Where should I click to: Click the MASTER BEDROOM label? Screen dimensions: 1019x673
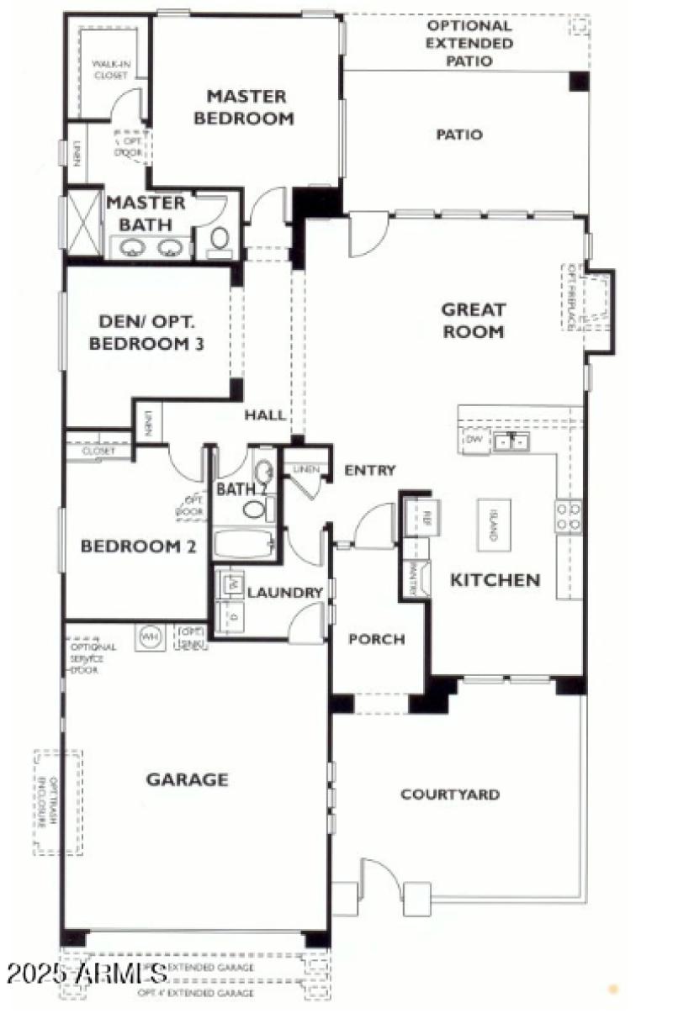coord(244,108)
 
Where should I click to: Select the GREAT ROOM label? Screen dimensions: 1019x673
coord(473,320)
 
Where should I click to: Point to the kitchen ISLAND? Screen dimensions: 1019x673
coord(494,525)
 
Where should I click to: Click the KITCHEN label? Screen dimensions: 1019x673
coord(495,580)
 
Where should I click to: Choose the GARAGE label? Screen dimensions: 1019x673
coord(187,779)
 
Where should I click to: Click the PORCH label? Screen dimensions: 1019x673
coord(376,639)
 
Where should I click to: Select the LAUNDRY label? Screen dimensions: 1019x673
coord(284,593)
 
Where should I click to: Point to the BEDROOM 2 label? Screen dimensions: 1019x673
coord(139,546)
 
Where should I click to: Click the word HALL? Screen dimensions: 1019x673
coord(265,415)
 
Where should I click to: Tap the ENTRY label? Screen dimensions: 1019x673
coord(370,471)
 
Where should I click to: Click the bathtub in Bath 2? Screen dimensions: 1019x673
coord(244,543)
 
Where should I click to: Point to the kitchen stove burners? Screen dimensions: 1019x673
coord(569,516)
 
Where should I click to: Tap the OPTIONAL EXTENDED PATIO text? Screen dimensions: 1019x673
coord(469,43)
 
